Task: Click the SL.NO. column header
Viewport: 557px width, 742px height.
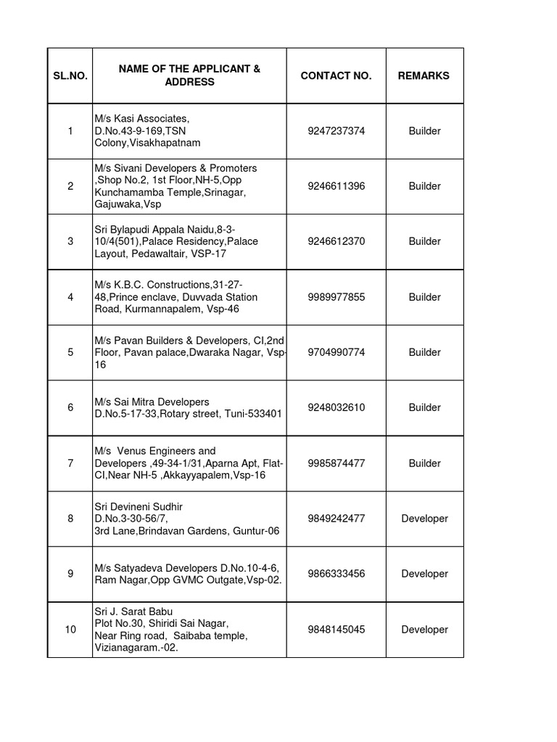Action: coord(70,75)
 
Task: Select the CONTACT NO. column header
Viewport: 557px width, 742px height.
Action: coord(336,75)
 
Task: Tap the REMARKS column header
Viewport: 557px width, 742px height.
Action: coord(424,75)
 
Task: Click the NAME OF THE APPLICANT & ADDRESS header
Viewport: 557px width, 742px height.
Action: coord(189,75)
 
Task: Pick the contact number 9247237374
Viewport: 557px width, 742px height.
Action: coord(336,131)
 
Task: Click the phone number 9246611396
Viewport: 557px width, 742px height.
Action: coord(336,186)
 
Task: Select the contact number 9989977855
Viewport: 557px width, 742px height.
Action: coord(336,297)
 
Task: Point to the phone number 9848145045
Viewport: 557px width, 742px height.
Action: coord(336,630)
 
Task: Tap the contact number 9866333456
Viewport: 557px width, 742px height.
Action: coord(336,574)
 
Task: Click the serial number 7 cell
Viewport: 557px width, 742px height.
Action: coord(70,463)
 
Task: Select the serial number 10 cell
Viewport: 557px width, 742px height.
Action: coord(70,630)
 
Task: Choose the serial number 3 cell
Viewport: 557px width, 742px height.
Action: coord(70,241)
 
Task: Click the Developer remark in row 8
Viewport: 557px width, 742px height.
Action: coord(424,519)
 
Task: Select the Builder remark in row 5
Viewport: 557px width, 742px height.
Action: coord(424,352)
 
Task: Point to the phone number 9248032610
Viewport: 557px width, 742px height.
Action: coord(336,407)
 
